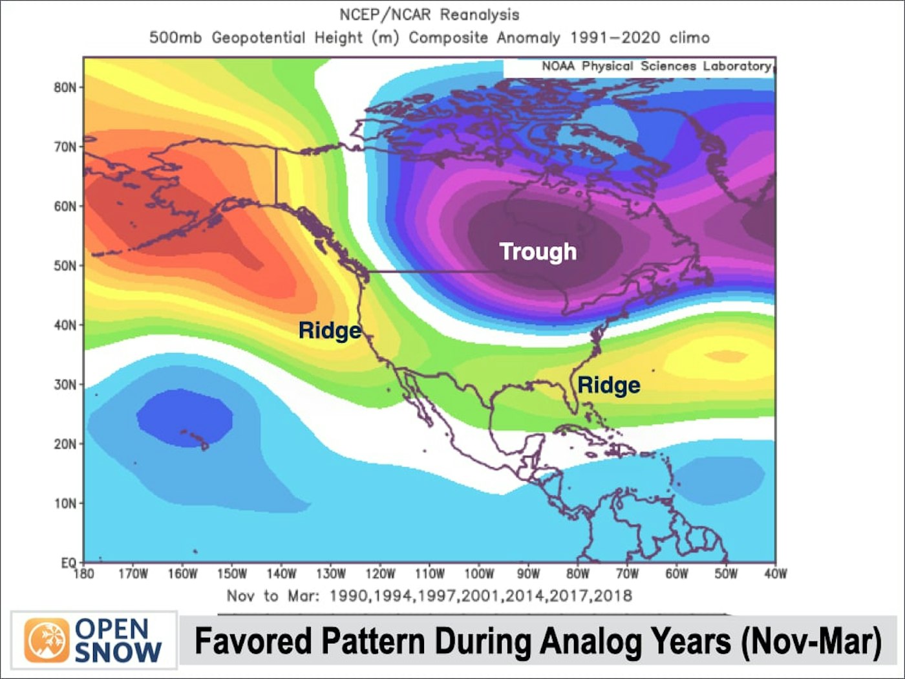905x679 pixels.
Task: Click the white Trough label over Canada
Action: (x=538, y=252)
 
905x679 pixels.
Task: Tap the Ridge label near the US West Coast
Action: (x=330, y=330)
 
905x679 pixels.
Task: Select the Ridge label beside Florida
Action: (x=608, y=385)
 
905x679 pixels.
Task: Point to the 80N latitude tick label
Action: (x=65, y=87)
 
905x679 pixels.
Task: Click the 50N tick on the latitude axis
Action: (x=65, y=266)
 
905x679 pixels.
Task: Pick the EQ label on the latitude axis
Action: (x=69, y=563)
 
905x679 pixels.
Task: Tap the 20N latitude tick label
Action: (x=65, y=444)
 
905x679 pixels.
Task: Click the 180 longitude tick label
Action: (x=84, y=574)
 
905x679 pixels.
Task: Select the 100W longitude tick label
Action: (x=479, y=574)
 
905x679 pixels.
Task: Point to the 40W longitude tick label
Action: (x=775, y=574)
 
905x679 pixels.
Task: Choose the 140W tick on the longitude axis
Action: (x=281, y=574)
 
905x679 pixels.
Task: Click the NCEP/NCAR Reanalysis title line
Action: (x=429, y=14)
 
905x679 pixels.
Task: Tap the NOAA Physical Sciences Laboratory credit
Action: (x=656, y=66)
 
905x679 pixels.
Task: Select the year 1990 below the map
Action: (x=350, y=596)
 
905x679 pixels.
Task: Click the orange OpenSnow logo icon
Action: (x=47, y=640)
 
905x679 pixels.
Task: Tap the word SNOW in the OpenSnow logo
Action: (x=118, y=652)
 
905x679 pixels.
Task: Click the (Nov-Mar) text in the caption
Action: (x=811, y=641)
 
